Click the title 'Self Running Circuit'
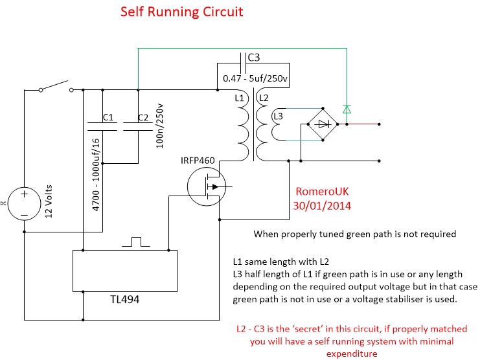click(181, 12)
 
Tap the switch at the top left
click(54, 86)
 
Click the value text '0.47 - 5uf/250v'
click(255, 78)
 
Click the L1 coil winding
click(244, 129)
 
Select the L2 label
click(263, 98)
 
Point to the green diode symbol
click(347, 109)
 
